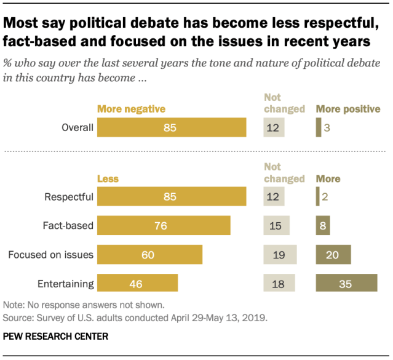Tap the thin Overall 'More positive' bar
point(318,128)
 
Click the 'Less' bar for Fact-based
point(164,225)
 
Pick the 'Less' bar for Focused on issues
point(150,254)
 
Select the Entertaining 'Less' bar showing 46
point(138,283)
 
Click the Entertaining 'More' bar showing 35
point(346,283)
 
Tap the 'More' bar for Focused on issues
point(333,254)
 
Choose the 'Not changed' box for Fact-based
point(276,225)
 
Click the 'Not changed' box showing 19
point(280,254)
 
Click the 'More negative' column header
point(132,109)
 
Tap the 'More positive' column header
point(348,109)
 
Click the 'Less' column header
point(108,178)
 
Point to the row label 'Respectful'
point(69,197)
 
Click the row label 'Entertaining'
point(66,284)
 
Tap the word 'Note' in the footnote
point(12,305)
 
